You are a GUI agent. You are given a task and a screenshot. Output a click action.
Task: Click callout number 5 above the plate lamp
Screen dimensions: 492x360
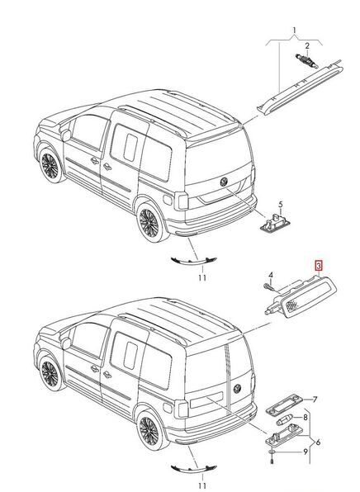click(280, 204)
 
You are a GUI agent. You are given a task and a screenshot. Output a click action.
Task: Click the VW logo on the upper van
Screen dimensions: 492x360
click(225, 181)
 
